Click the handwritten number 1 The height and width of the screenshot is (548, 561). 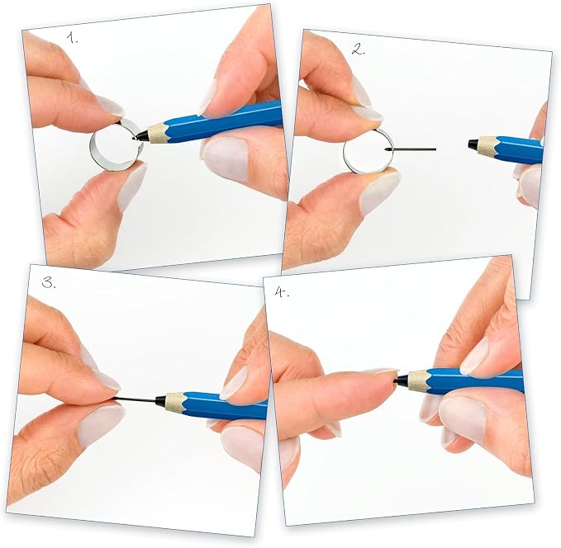(x=72, y=37)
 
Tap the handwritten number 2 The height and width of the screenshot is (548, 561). (x=358, y=50)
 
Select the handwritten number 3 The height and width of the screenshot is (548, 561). (x=49, y=282)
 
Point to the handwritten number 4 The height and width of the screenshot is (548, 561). (x=282, y=292)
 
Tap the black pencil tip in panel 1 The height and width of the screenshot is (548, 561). (x=140, y=136)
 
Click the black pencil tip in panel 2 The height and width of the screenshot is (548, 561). (x=473, y=144)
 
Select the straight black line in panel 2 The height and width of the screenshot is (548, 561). (x=412, y=149)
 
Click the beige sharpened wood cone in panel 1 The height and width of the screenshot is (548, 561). (x=157, y=132)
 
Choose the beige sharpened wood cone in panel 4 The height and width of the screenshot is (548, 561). (x=416, y=379)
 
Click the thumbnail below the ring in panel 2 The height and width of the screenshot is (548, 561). (x=380, y=191)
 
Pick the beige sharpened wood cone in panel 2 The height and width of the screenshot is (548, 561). (x=487, y=147)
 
